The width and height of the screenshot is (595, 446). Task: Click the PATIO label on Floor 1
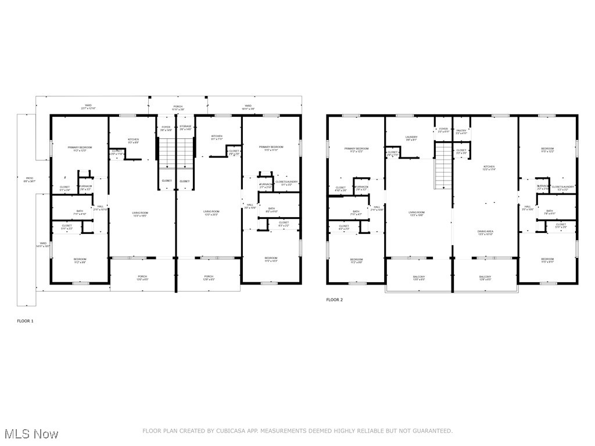29,180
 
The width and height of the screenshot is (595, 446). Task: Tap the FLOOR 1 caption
26,321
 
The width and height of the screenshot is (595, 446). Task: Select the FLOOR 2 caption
334,300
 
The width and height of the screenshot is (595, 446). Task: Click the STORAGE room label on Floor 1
185,127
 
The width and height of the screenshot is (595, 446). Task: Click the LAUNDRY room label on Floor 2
411,138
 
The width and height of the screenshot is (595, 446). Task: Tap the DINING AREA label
485,232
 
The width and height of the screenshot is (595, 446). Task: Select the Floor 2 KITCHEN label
489,167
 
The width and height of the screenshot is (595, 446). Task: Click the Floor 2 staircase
443,166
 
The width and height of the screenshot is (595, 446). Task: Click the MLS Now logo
30,433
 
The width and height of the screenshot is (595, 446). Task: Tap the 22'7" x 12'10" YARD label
88,107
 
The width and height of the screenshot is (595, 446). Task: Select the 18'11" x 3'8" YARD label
247,107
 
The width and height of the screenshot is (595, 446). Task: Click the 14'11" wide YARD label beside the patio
43,244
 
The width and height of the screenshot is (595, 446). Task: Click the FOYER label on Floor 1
166,127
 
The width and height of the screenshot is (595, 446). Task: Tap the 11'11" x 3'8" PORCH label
178,107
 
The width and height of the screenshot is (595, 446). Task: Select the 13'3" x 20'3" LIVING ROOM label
211,213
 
